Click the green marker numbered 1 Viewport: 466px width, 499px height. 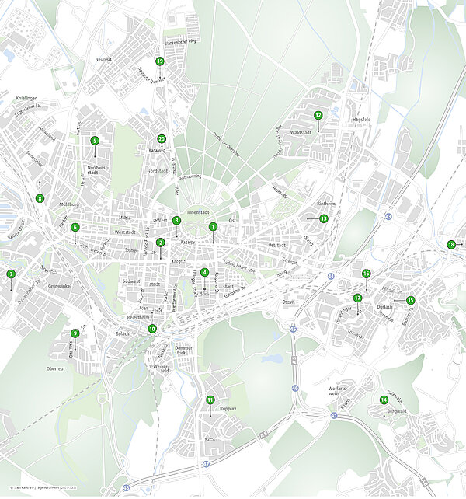(212, 227)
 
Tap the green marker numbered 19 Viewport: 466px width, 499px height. (160, 61)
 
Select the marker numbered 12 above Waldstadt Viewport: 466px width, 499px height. (318, 115)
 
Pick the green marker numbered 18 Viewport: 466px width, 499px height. (451, 245)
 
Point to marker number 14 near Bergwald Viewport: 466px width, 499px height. (384, 400)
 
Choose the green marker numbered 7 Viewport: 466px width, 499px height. (11, 274)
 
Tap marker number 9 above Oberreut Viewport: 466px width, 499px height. (75, 333)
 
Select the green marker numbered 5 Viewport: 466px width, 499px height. (95, 141)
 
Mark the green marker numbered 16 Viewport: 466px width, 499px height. (366, 274)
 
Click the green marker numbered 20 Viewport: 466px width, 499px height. (162, 139)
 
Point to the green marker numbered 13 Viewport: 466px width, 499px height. (324, 218)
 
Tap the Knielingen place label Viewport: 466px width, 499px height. (26, 99)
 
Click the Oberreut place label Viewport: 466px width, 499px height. (55, 368)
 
